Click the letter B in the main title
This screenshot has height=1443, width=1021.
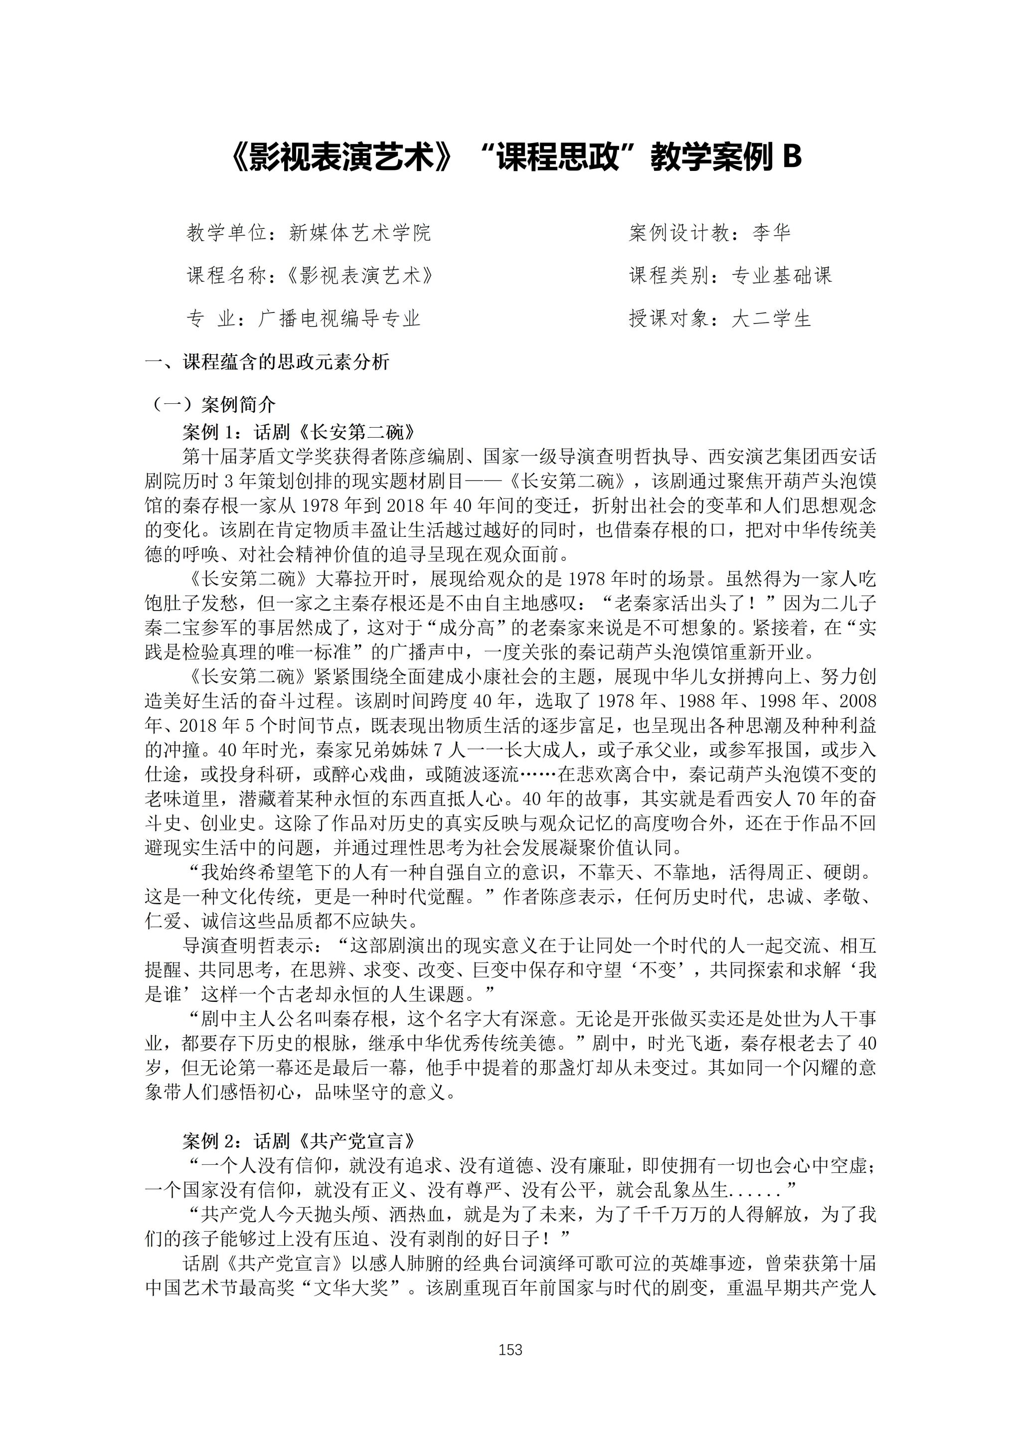coord(791,157)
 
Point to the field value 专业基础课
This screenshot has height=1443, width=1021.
coord(782,275)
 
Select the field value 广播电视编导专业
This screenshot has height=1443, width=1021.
coord(340,319)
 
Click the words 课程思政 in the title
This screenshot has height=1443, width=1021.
coord(554,157)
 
